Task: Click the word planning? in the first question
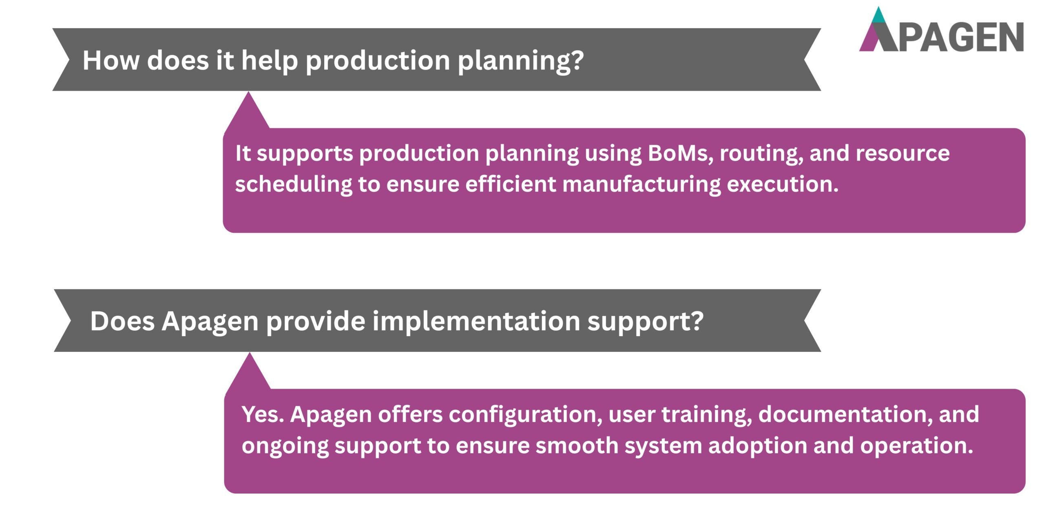(x=521, y=61)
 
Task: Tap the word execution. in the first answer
(x=783, y=184)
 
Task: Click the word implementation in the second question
(x=476, y=321)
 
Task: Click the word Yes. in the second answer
(x=263, y=414)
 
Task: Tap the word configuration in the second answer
(x=525, y=415)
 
